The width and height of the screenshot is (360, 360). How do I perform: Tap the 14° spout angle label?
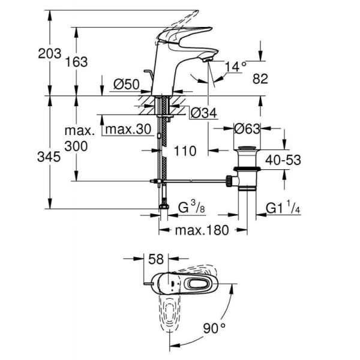[x=236, y=67]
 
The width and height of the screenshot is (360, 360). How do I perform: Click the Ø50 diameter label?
[x=127, y=85]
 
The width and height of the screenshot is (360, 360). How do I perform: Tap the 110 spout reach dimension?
[x=185, y=151]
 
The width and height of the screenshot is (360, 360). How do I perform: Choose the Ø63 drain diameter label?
[x=247, y=128]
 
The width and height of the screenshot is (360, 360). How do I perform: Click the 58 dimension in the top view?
[x=157, y=260]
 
